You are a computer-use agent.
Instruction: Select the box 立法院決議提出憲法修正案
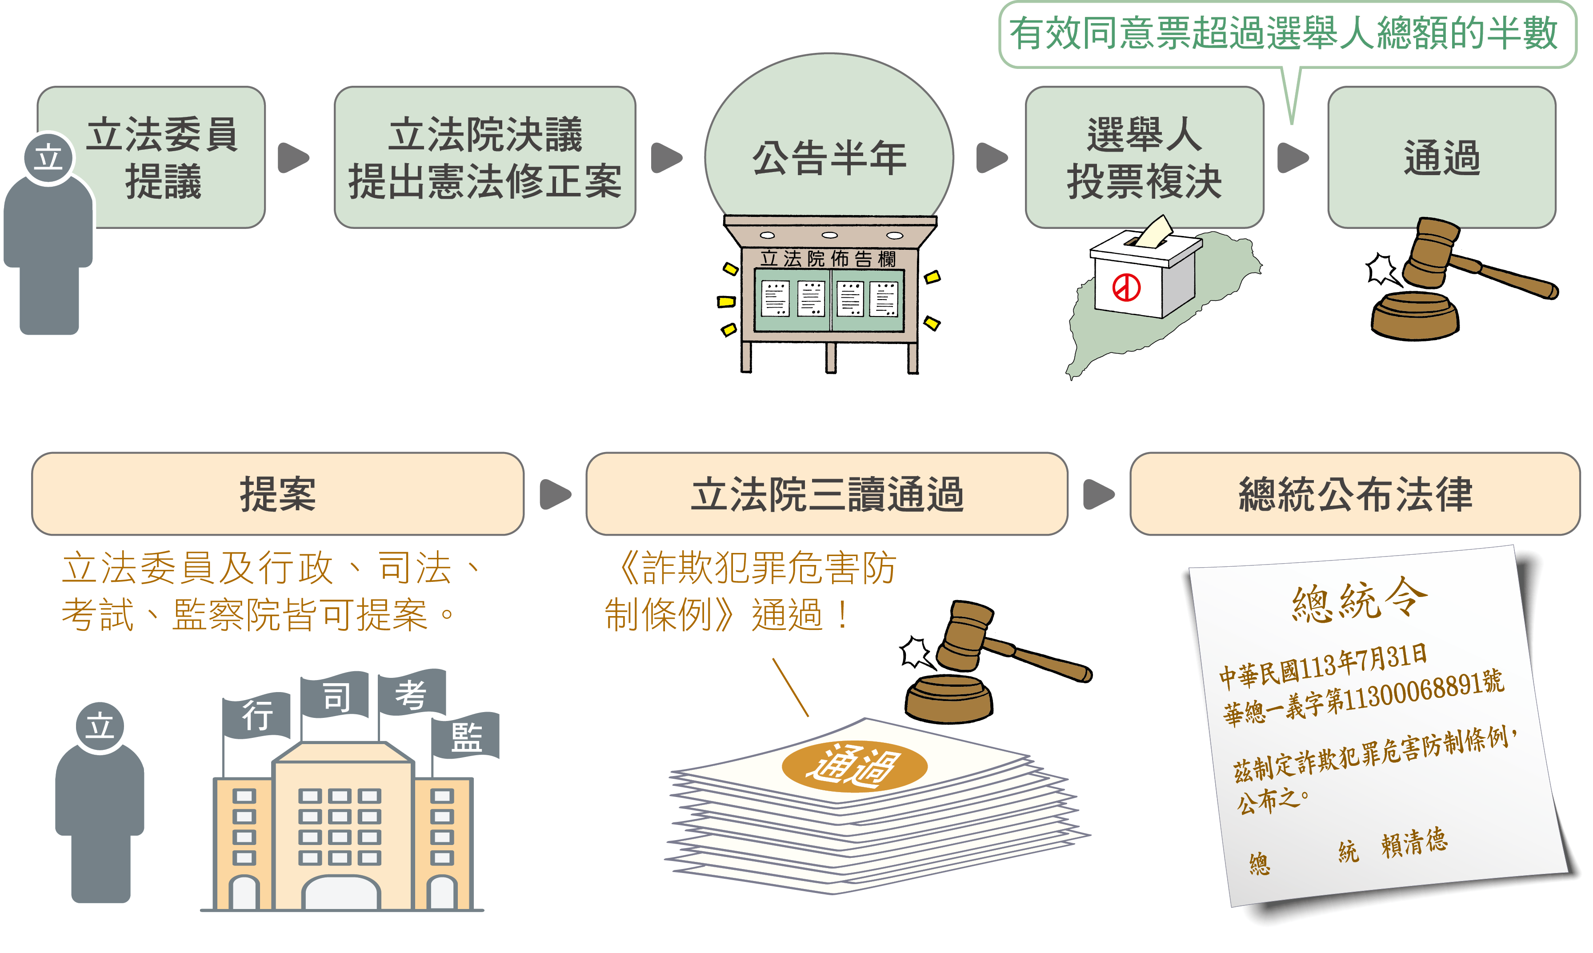[x=485, y=157]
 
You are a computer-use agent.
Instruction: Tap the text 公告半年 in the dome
[x=829, y=158]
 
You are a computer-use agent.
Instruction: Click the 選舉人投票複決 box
[x=1144, y=157]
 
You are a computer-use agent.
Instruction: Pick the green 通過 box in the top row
[x=1441, y=157]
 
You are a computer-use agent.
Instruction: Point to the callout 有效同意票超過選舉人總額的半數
[x=1284, y=33]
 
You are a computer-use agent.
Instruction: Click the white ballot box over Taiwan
[x=1143, y=276]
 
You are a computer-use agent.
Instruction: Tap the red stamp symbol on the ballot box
[x=1126, y=287]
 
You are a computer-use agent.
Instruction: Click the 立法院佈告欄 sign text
[x=829, y=259]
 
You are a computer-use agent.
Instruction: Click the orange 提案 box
[x=277, y=494]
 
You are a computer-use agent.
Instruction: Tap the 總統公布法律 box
[x=1355, y=494]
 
